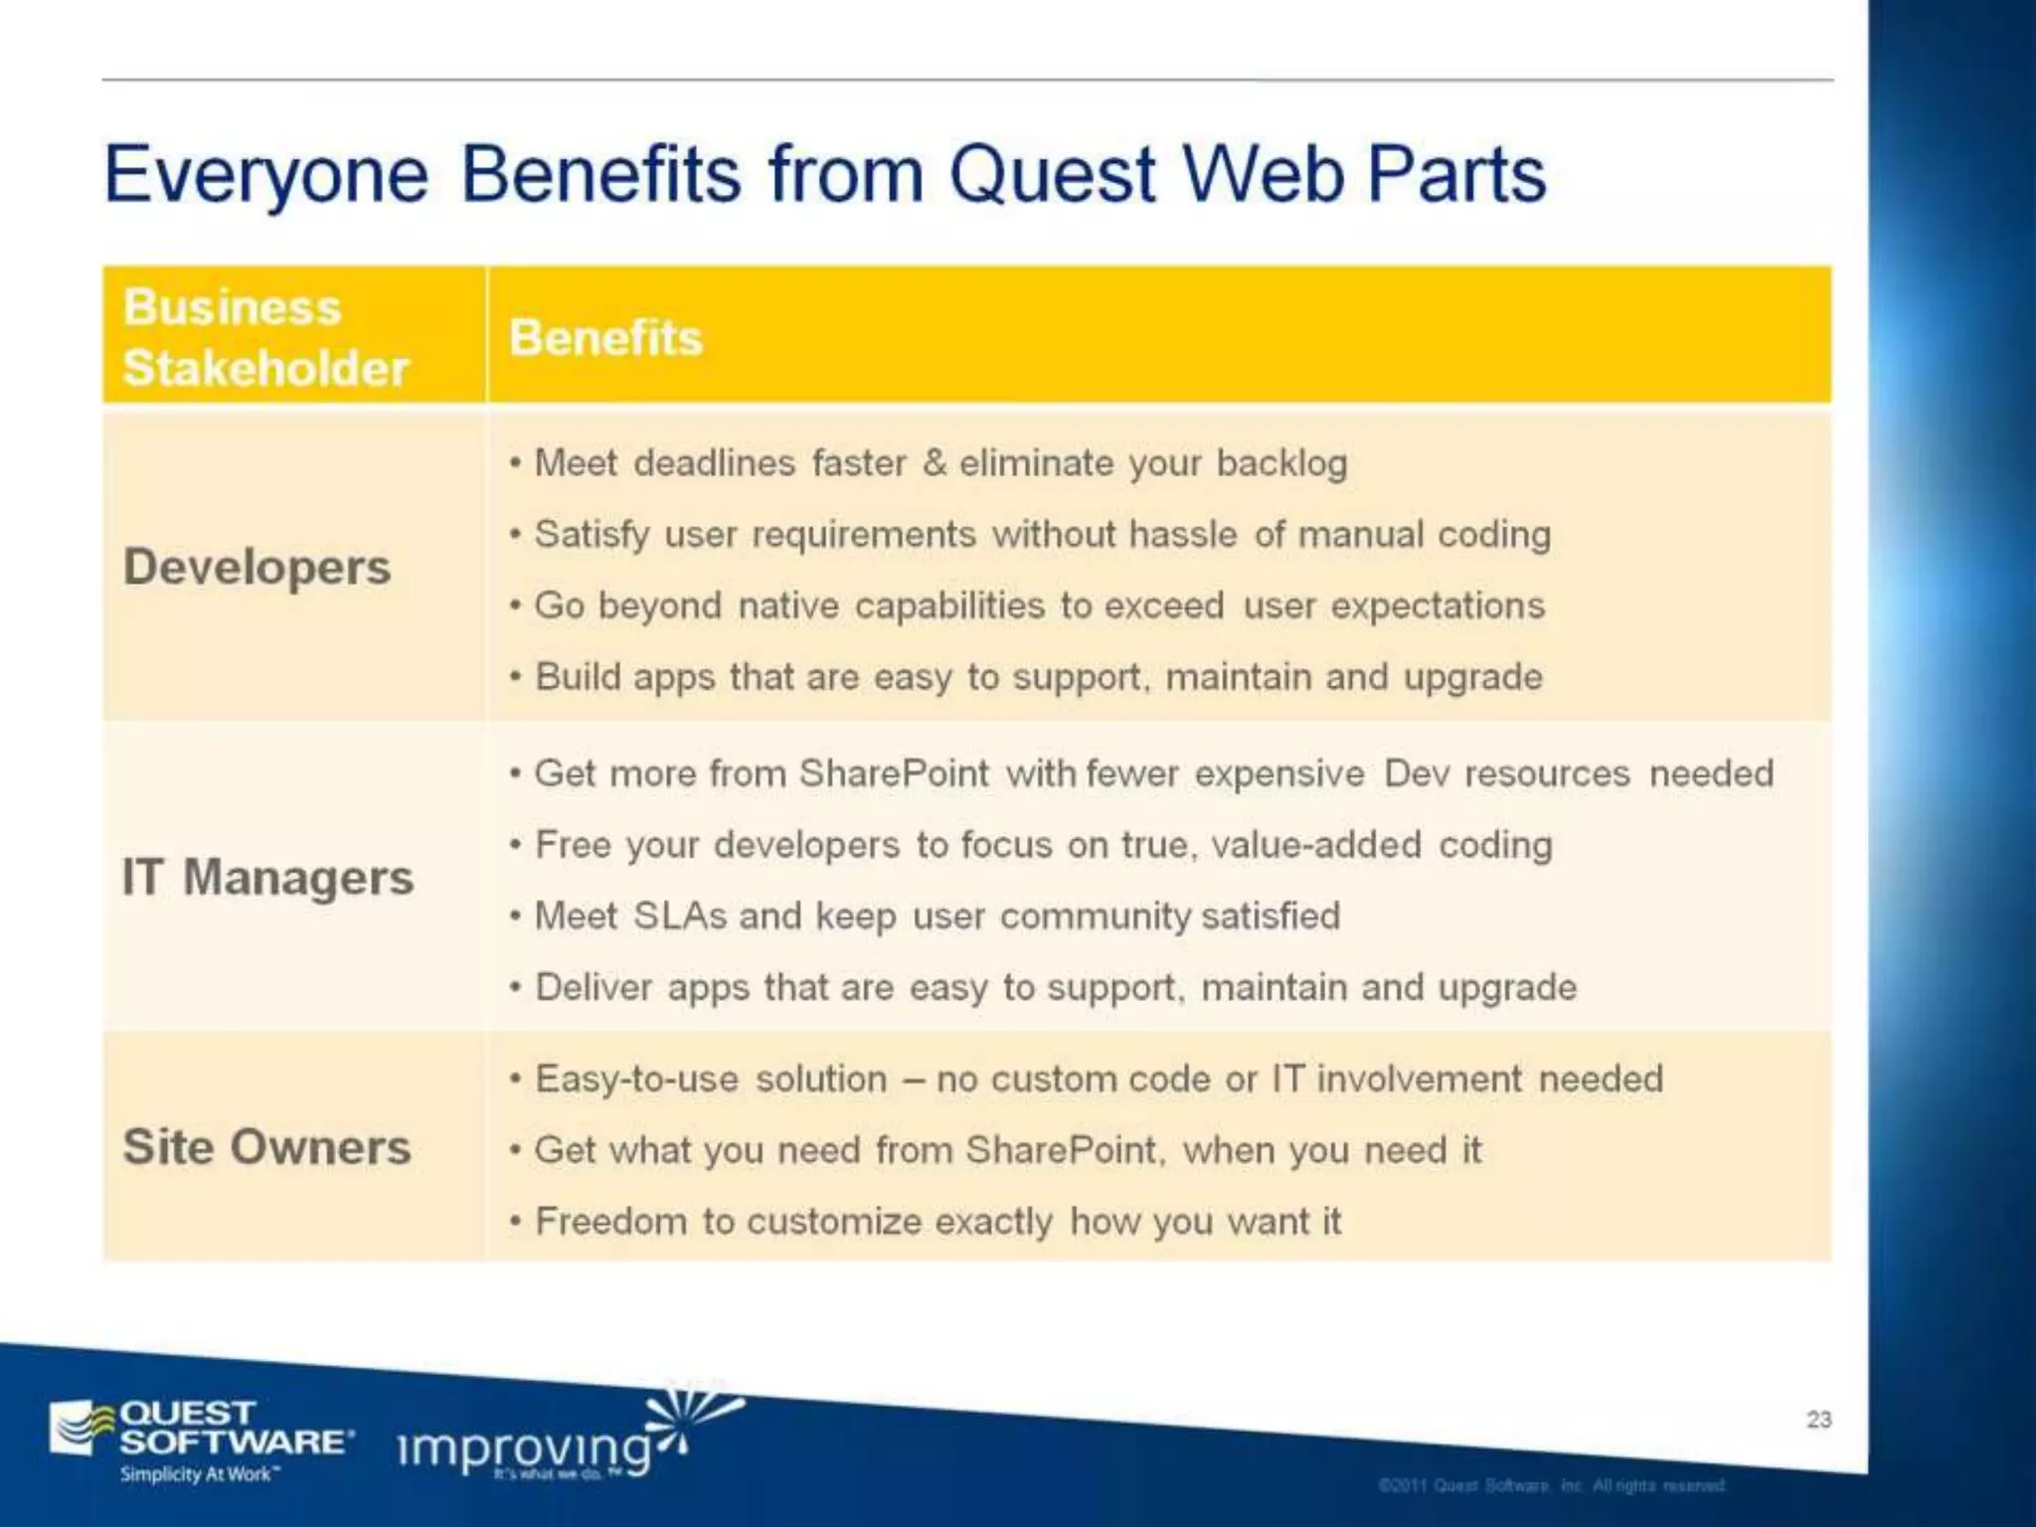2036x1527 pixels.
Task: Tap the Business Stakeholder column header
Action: click(264, 337)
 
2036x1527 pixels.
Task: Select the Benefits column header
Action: click(605, 338)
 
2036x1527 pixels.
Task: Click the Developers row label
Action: click(256, 568)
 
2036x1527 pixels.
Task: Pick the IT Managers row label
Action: click(266, 878)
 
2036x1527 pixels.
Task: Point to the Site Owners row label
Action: click(266, 1147)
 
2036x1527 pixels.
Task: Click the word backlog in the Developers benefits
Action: click(1281, 464)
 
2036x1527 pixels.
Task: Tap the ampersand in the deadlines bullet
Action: click(933, 463)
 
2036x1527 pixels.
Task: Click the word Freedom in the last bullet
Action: click(610, 1221)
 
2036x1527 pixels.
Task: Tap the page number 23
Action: click(1818, 1419)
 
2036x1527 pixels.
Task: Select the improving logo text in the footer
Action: click(524, 1448)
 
